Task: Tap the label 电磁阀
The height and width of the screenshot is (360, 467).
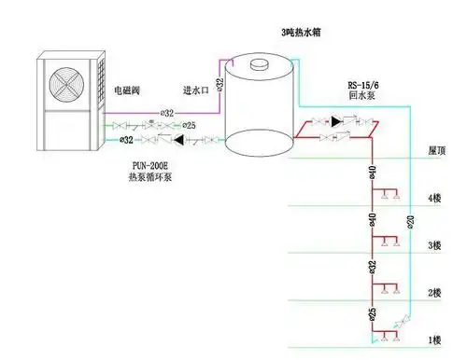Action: coord(130,90)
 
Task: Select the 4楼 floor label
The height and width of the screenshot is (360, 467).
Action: coord(434,198)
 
